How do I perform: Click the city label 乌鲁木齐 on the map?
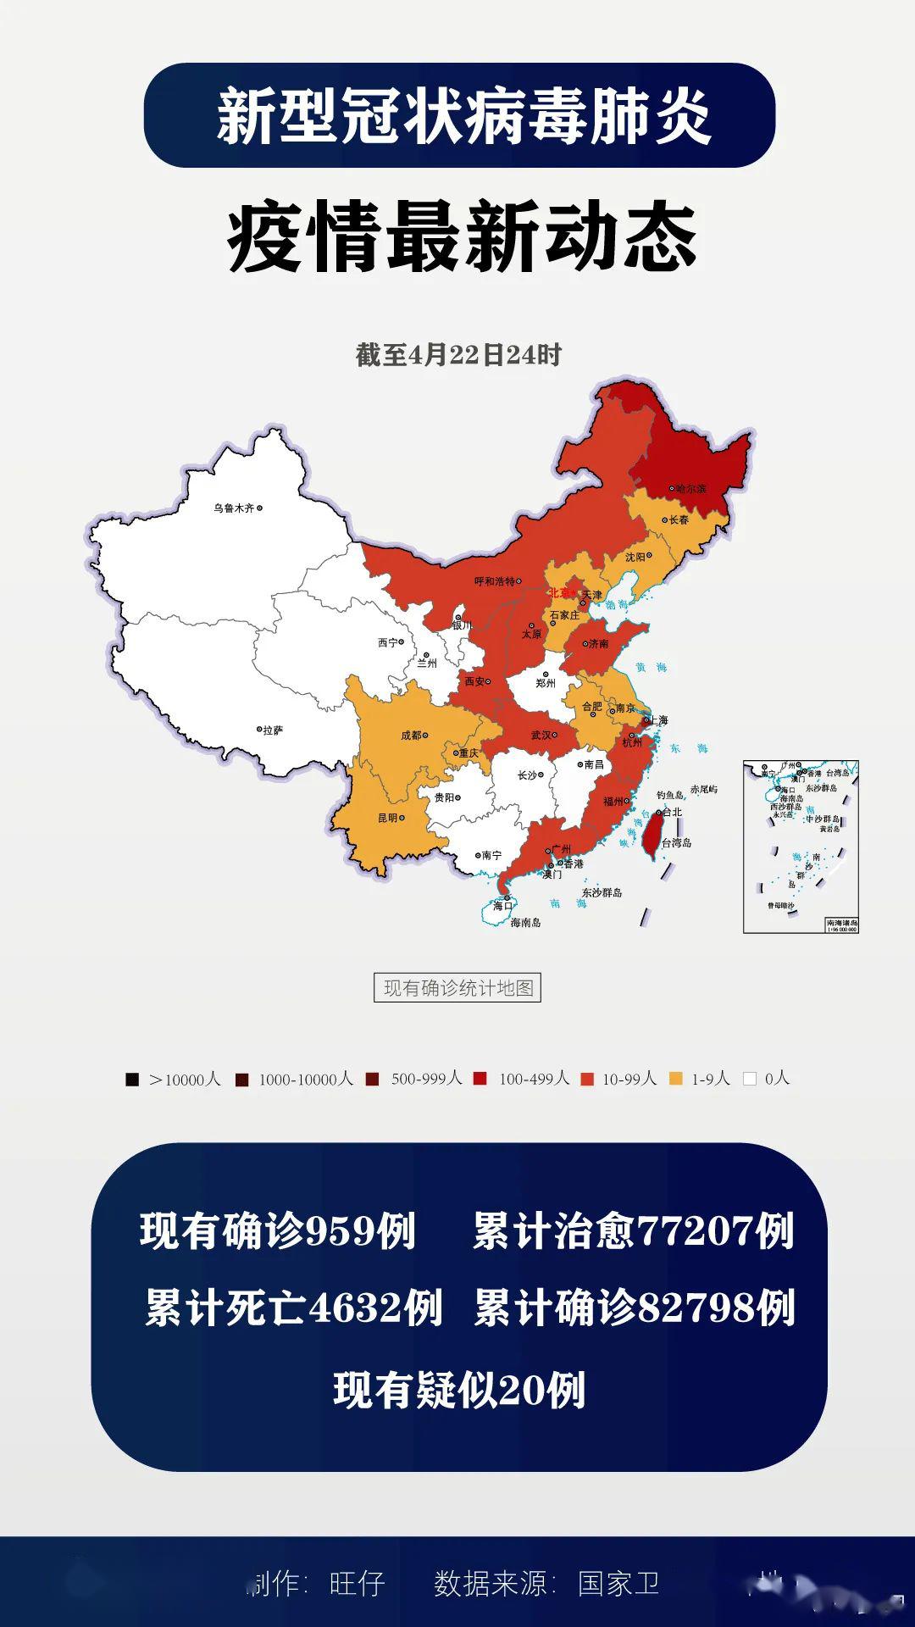pyautogui.click(x=234, y=508)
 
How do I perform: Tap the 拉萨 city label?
pyautogui.click(x=274, y=730)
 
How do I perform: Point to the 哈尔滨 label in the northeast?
pyautogui.click(x=691, y=489)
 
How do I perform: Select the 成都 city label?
pyautogui.click(x=411, y=736)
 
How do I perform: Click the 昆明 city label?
pyautogui.click(x=387, y=819)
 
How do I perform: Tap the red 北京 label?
pyautogui.click(x=560, y=593)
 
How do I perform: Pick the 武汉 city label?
pyautogui.click(x=541, y=736)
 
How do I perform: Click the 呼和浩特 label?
pyautogui.click(x=494, y=581)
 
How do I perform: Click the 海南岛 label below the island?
pyautogui.click(x=525, y=922)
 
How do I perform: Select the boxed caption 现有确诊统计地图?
pyautogui.click(x=457, y=988)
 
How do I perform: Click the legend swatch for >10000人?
pyautogui.click(x=132, y=1080)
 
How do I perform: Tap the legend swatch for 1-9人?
pyautogui.click(x=676, y=1079)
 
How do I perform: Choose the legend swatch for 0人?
pyautogui.click(x=749, y=1079)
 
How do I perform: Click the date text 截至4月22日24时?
pyautogui.click(x=457, y=355)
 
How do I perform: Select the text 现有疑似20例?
pyautogui.click(x=458, y=1391)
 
